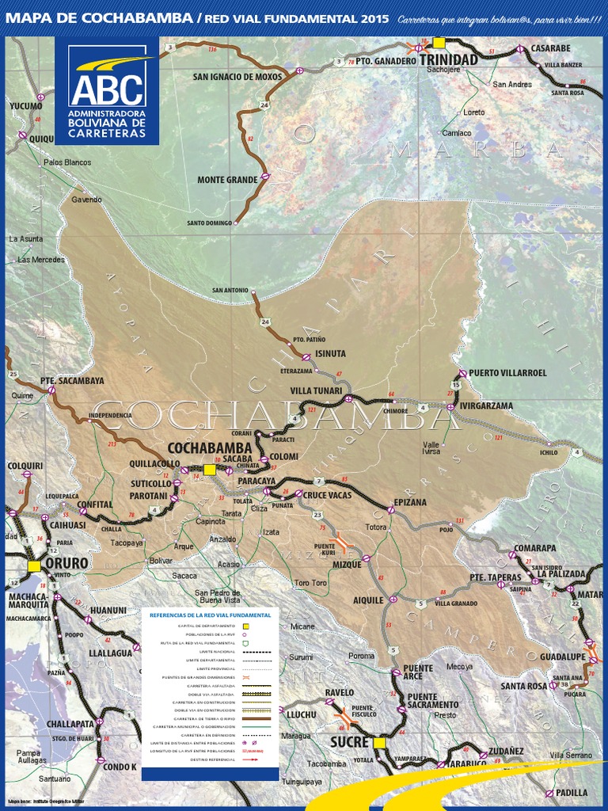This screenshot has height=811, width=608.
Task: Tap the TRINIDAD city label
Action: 448,59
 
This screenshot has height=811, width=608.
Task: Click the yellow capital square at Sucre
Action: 379,743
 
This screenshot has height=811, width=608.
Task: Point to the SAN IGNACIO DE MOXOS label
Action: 237,77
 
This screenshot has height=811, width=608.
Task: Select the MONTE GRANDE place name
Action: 227,180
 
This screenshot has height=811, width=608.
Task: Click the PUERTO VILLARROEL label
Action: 507,372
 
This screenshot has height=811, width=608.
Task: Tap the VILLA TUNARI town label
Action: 316,390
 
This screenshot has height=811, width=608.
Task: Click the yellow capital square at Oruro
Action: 34,566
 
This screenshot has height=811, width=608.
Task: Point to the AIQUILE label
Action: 367,600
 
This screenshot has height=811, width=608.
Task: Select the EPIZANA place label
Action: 410,502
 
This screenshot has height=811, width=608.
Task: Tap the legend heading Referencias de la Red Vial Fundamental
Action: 210,615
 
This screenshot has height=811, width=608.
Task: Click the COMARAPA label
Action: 534,547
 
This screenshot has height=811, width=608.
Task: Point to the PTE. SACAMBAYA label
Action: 72,380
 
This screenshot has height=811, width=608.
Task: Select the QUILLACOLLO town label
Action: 155,464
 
